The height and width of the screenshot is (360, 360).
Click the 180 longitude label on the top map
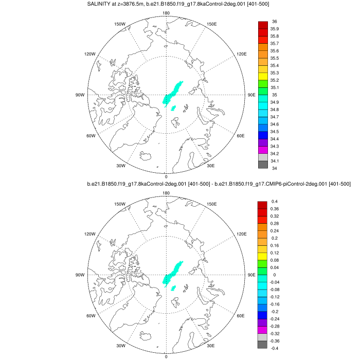click(x=166, y=13)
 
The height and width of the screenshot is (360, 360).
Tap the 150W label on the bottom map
click(x=120, y=204)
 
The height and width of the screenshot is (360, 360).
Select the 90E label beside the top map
click(x=252, y=95)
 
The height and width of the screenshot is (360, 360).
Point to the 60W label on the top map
click(x=91, y=136)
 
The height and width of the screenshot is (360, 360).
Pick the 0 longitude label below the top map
click(x=166, y=176)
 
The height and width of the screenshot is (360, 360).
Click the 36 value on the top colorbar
click(x=274, y=22)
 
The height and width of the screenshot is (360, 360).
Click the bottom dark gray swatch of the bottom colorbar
click(x=263, y=345)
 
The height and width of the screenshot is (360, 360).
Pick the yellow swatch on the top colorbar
click(x=263, y=77)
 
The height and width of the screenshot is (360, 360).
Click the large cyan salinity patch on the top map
click(x=173, y=93)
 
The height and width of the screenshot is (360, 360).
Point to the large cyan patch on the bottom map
click(x=173, y=273)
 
